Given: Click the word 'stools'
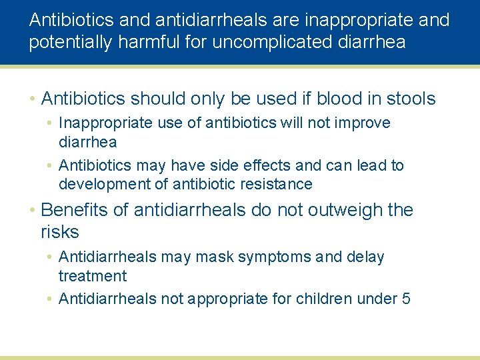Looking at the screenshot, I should coord(409,99).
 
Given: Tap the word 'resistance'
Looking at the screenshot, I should coord(275,184).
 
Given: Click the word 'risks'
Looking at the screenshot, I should coord(60,233).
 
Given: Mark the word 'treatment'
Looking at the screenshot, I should coord(93,276).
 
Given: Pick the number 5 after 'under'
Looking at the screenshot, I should coord(406,299).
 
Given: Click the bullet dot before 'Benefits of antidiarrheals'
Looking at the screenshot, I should coord(32,211).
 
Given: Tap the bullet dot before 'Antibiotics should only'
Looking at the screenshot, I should coord(32,99).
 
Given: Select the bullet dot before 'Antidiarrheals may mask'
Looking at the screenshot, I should coord(50,257).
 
